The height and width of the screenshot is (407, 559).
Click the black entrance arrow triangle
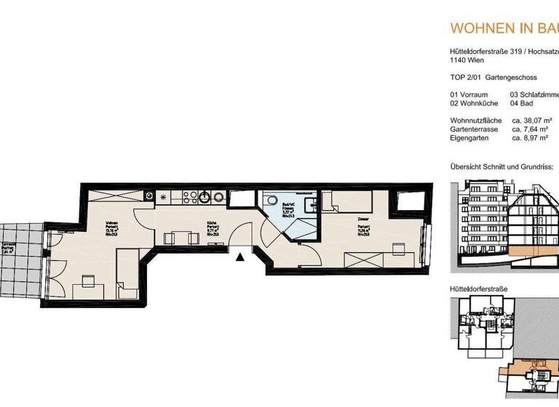(x=240, y=255)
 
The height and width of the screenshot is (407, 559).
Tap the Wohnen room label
(x=112, y=227)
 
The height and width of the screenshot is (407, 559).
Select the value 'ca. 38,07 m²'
(x=531, y=120)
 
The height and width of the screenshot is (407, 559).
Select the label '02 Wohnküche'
(x=475, y=103)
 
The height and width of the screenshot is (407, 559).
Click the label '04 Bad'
(x=523, y=103)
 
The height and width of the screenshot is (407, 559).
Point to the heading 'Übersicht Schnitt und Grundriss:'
(x=501, y=166)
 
